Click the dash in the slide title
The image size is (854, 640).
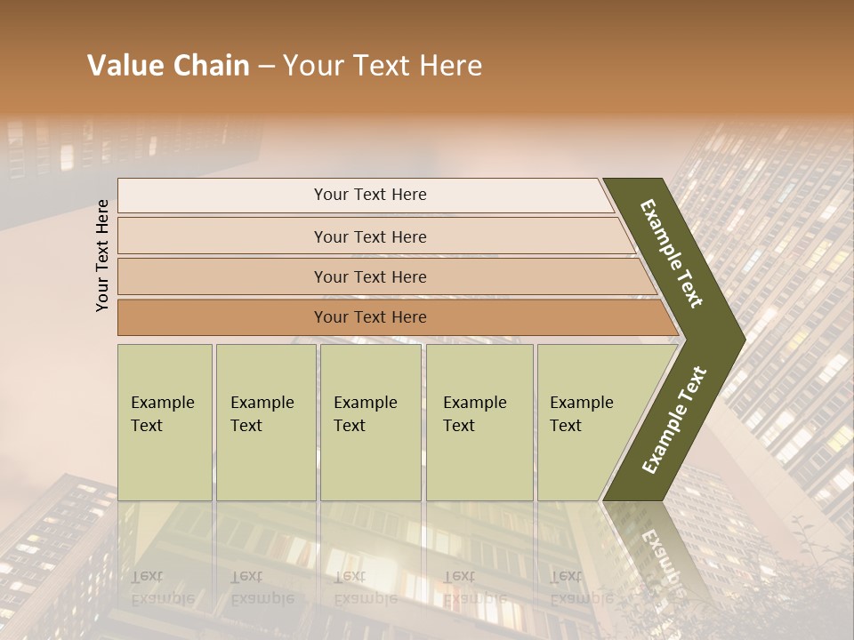[266, 67]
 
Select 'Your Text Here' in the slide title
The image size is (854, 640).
[383, 66]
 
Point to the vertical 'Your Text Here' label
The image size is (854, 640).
[102, 255]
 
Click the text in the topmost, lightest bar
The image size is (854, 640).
[370, 195]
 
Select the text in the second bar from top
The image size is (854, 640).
[370, 236]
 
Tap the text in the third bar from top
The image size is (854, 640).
[370, 276]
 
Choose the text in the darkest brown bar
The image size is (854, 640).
[370, 317]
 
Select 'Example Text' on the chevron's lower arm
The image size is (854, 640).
[674, 420]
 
